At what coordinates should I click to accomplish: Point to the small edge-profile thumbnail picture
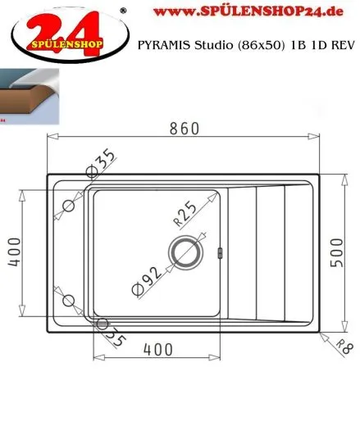pos(29,94)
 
